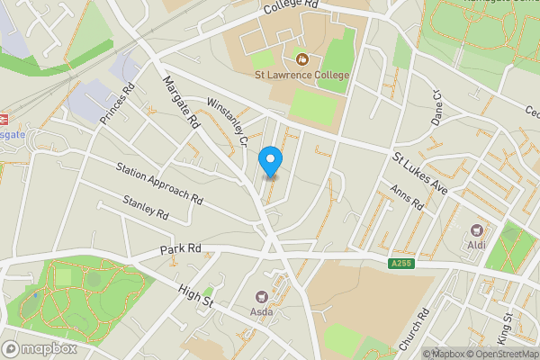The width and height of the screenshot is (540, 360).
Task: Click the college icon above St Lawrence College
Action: point(302,59)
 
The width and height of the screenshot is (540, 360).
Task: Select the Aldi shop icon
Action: point(476,230)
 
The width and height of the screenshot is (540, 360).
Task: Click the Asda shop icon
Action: point(263,296)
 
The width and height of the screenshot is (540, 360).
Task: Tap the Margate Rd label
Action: point(181,102)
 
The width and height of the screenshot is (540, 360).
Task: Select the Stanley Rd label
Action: point(146,209)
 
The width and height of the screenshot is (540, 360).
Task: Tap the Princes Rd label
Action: point(117,103)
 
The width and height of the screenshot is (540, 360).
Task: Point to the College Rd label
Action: point(292,7)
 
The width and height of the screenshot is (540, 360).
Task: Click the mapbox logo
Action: point(39,348)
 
